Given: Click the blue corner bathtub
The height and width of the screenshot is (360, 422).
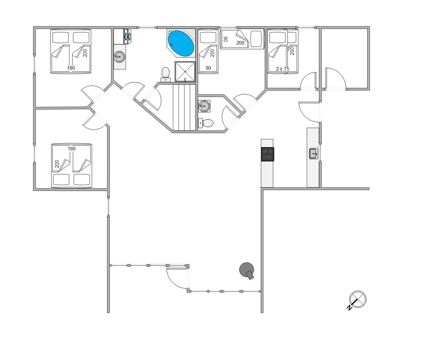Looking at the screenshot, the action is point(181,43).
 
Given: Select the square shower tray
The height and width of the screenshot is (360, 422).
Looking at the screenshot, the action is point(185,71).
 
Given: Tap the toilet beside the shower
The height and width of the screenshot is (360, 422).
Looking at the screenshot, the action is point(166,74).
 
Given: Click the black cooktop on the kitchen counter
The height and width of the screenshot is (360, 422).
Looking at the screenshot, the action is point(267,154).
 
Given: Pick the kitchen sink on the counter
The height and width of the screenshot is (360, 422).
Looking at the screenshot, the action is point(314,153).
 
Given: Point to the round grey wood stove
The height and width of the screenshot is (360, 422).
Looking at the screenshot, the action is point(247,271).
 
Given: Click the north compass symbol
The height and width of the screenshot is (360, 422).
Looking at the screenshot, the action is point(357,300).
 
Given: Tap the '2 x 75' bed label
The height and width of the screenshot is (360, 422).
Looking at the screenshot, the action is point(282,69).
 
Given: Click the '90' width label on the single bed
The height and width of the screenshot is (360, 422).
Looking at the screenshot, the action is point(208,68).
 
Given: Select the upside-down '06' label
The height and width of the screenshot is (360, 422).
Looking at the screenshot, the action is point(226,39).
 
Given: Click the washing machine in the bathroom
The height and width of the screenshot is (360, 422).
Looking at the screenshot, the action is point(127,36).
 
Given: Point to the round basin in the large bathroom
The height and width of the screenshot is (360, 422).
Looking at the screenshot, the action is point(119,57).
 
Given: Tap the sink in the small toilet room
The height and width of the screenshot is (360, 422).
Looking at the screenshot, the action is point(204,106).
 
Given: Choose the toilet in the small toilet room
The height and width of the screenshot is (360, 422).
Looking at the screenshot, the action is point(206,123).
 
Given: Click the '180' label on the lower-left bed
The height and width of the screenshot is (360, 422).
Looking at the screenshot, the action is point(72,149).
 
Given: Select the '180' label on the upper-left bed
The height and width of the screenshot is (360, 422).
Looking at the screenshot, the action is point(71,68).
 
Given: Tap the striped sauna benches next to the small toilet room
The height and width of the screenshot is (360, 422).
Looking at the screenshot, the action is point(184,107).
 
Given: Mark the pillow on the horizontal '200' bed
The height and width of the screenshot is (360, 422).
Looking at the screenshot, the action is point(256,39).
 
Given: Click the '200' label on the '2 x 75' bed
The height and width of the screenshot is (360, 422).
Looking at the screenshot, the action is point(292,51).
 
